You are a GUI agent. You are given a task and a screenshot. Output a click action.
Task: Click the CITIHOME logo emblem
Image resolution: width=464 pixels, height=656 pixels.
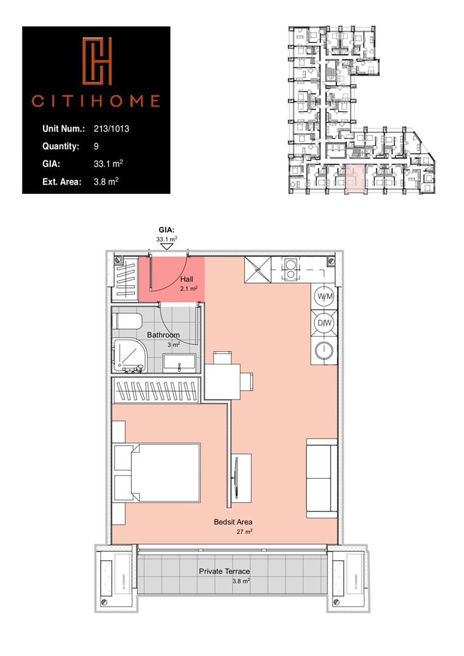[98, 63]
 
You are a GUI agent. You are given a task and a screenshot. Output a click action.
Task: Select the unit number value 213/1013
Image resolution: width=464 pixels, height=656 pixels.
[112, 129]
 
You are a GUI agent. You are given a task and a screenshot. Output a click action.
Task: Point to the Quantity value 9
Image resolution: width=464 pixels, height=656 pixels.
[97, 146]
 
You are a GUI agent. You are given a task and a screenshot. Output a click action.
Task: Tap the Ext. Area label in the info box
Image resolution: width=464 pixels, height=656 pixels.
[62, 181]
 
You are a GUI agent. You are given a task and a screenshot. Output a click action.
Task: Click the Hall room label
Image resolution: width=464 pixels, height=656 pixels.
[186, 279]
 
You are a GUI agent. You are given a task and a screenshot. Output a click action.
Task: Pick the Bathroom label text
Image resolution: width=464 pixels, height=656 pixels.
[163, 335]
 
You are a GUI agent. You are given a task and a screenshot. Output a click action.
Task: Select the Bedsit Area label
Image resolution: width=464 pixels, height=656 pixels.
[233, 522]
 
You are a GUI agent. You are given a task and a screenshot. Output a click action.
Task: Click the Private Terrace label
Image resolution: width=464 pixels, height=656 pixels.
[225, 572]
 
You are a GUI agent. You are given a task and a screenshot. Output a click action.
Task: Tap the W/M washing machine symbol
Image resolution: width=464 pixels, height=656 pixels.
[324, 296]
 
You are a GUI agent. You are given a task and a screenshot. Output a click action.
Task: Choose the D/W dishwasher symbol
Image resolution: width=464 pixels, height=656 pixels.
[324, 323]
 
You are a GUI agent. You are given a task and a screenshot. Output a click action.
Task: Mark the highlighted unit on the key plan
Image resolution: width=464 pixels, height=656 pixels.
[355, 179]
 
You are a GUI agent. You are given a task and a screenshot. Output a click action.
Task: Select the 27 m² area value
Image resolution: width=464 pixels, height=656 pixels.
[245, 531]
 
